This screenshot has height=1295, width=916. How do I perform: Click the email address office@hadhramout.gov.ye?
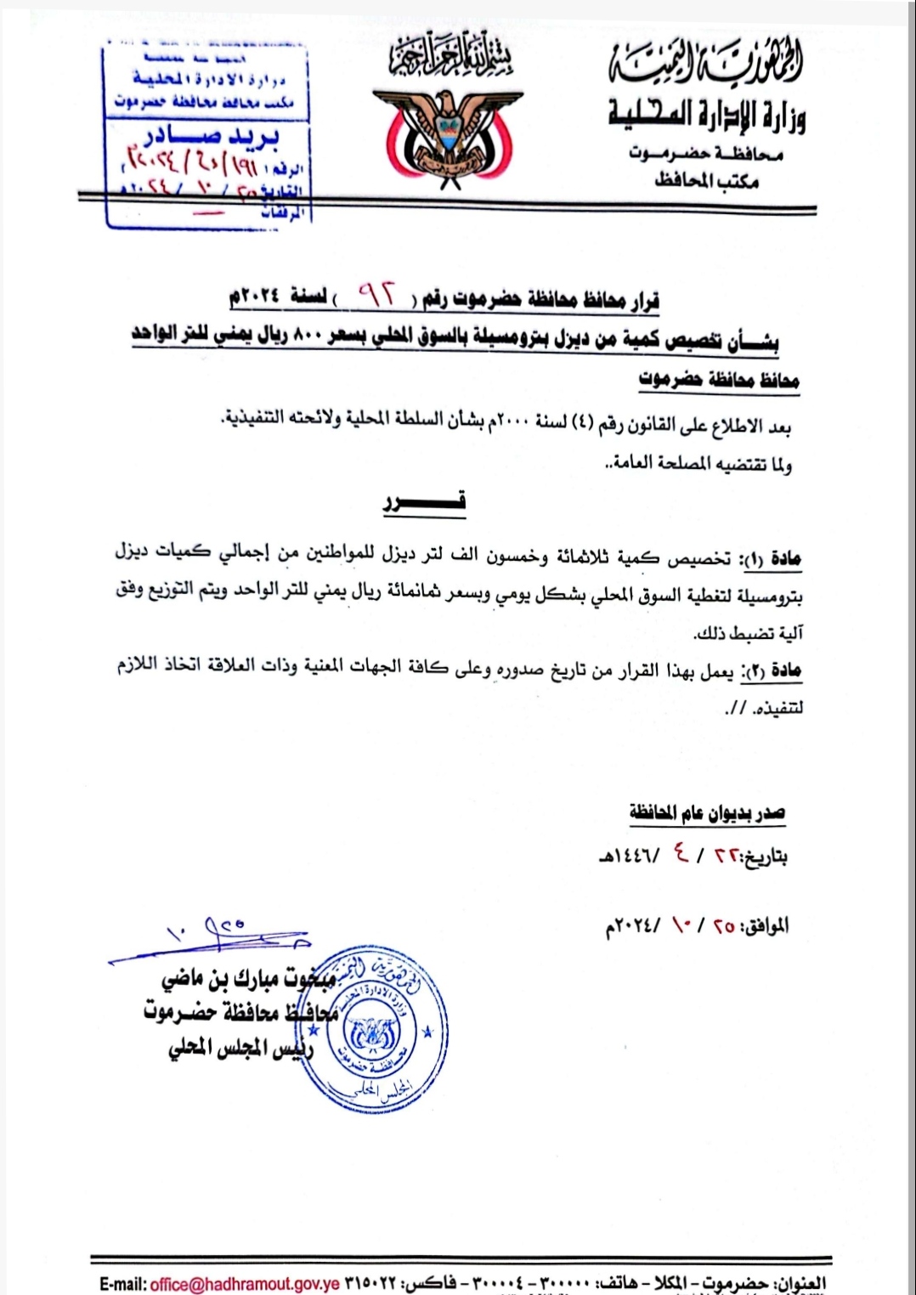[x=245, y=1283]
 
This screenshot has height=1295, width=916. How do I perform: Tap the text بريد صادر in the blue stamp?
[x=212, y=137]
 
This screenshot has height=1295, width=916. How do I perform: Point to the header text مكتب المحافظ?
[x=706, y=180]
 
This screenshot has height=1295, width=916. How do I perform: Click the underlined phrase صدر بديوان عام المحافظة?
[x=707, y=813]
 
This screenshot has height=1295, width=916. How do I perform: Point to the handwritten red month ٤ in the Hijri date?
[x=681, y=853]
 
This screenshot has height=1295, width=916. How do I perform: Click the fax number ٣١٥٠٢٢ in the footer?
[x=369, y=1283]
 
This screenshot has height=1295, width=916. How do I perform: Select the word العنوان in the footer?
[x=803, y=1283]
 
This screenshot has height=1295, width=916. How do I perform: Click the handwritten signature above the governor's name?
[x=212, y=939]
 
